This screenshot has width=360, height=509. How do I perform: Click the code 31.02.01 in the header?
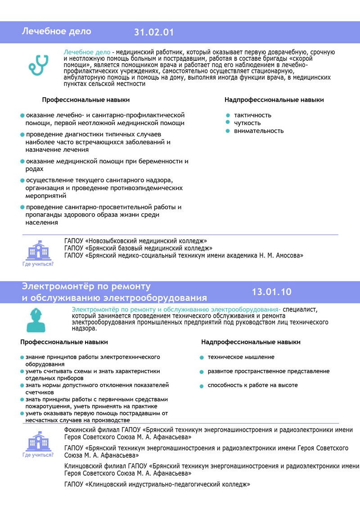153,32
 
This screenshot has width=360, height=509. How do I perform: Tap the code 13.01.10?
271,292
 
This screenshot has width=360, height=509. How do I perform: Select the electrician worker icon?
36,320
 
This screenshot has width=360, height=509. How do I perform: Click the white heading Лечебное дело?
56,32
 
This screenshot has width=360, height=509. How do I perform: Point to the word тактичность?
252,115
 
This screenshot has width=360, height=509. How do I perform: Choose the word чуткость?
247,123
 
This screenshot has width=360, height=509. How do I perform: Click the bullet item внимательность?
259,131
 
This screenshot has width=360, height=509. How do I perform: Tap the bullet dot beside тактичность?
228,115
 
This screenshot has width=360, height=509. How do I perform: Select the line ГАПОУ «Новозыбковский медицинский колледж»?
135,241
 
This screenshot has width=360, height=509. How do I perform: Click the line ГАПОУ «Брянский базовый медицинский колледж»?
138,248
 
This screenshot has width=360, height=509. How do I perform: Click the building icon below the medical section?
38,250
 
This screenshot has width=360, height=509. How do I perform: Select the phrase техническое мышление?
241,357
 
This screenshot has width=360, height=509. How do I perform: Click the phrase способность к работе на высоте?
252,385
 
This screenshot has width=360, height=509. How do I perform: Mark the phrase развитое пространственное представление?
268,371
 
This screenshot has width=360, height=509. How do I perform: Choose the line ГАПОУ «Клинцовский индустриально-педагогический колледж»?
157,485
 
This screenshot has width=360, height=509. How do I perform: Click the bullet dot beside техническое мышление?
202,358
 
